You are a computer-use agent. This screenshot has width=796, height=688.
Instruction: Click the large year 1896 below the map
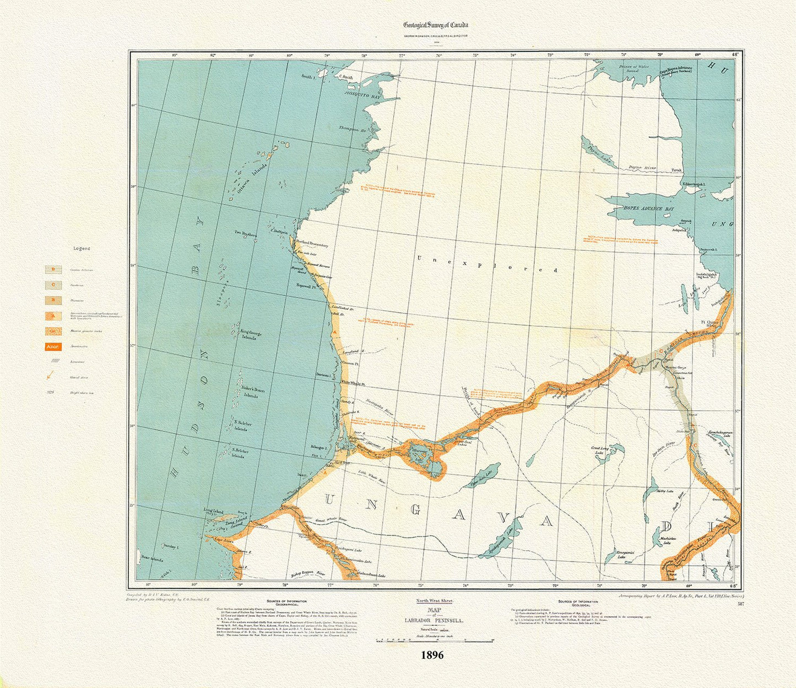pos(432,655)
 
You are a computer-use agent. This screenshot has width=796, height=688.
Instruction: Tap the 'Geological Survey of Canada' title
pos(436,25)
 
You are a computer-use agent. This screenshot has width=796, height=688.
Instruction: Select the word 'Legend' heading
pos(82,249)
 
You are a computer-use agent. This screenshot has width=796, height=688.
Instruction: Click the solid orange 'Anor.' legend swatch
pos(53,347)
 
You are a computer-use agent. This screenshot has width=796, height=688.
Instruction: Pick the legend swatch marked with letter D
pos(53,270)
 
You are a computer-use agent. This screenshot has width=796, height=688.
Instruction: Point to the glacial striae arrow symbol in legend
pos(51,377)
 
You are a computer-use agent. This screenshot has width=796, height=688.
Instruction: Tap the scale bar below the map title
pos(433,640)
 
